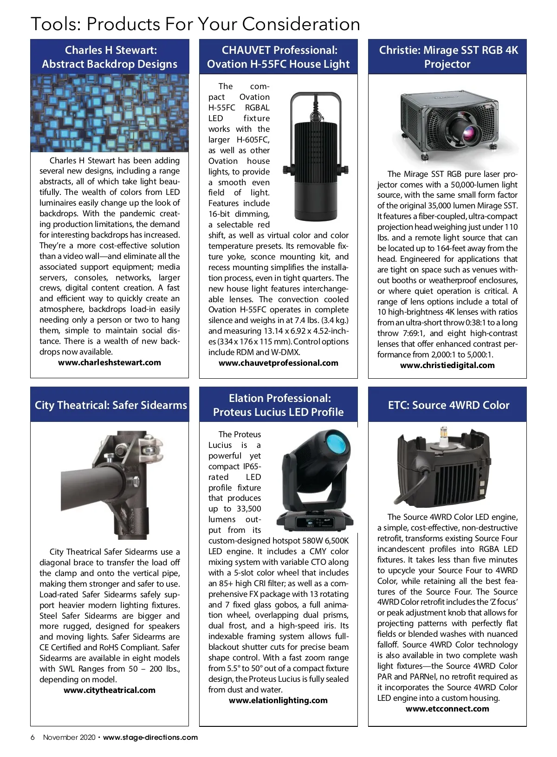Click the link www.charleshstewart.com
(110, 362)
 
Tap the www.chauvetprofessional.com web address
(278, 363)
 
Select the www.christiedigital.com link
(447, 365)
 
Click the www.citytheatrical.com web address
(110, 690)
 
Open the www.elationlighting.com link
(278, 700)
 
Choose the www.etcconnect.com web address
(447, 709)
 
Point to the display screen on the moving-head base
(311, 523)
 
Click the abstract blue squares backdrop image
(110, 113)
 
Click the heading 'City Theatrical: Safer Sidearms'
(110, 405)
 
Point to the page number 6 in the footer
(32, 738)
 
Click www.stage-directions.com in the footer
(150, 738)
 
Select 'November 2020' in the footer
(69, 738)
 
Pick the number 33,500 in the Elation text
(249, 509)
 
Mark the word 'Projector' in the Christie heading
(447, 64)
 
